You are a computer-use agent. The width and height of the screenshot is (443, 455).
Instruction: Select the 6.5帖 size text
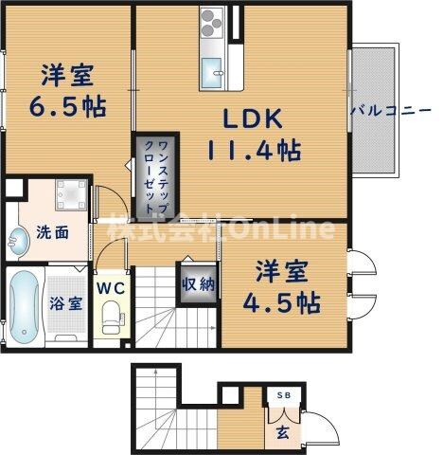click(x=65, y=104)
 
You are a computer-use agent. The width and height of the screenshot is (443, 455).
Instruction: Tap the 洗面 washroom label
click(x=52, y=232)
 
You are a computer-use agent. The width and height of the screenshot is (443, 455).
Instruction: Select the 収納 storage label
click(x=198, y=282)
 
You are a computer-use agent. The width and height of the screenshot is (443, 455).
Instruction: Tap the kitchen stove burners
click(x=210, y=24)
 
